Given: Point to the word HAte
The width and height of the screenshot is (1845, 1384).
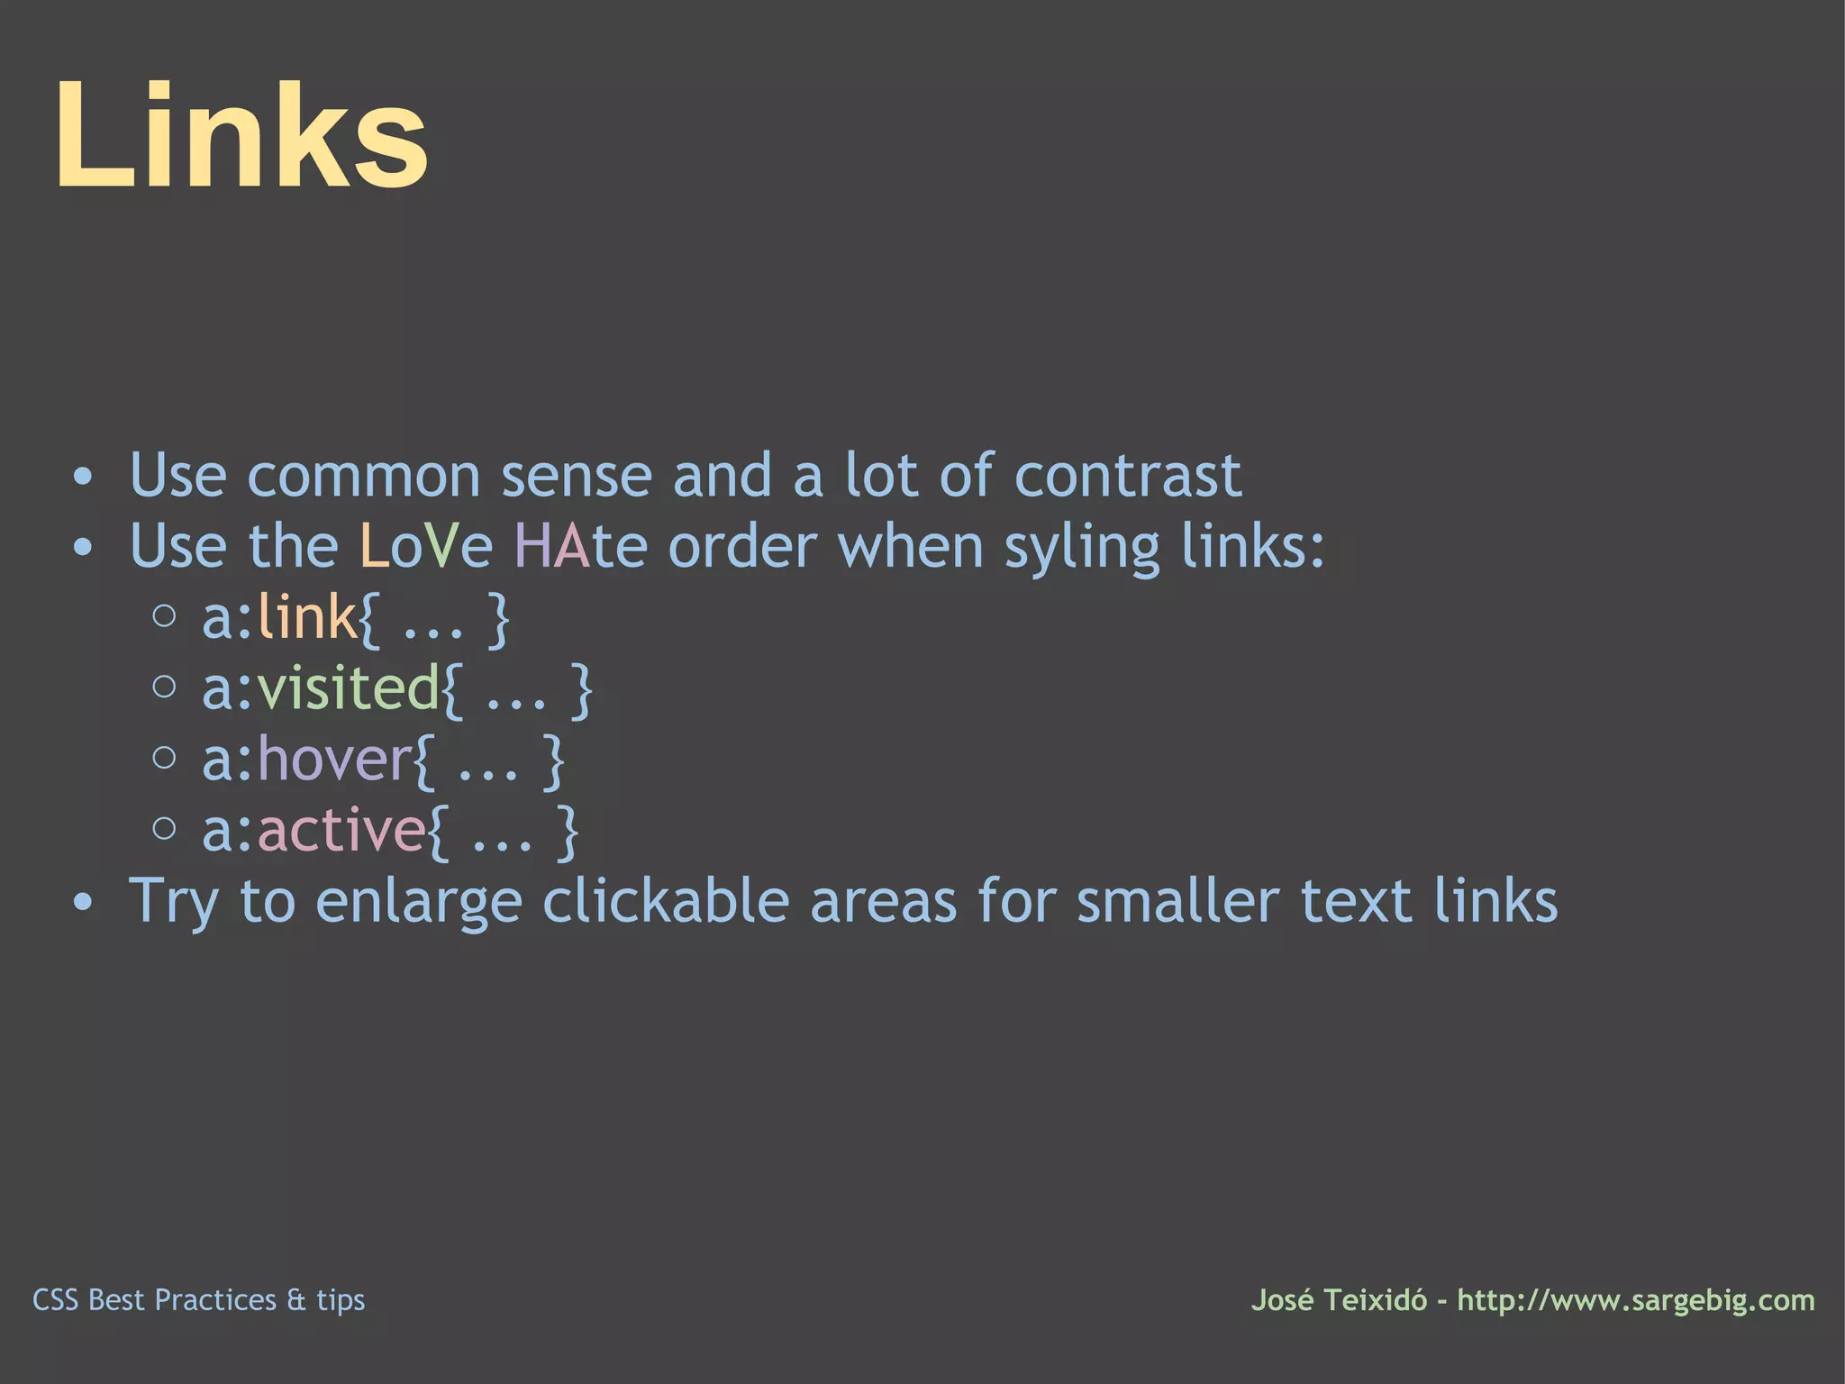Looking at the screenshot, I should click(580, 546).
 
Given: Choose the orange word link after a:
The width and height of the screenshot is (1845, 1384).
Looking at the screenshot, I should click(307, 617).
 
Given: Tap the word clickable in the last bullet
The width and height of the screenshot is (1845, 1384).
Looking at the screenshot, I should click(666, 900).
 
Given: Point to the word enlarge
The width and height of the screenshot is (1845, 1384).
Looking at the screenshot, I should click(419, 902).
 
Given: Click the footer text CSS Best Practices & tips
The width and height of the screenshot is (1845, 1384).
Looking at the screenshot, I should click(198, 1300).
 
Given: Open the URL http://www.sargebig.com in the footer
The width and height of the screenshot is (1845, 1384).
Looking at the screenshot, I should click(1636, 1300).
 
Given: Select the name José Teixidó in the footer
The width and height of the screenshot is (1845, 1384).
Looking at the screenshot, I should click(1339, 1300).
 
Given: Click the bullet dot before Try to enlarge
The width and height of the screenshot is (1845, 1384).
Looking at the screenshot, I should click(83, 902).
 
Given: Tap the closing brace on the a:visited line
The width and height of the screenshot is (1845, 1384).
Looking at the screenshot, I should click(582, 689).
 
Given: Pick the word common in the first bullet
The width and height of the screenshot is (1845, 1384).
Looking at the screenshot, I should click(364, 475).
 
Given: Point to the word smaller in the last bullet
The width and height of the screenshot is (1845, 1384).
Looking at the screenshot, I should click(1177, 900).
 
